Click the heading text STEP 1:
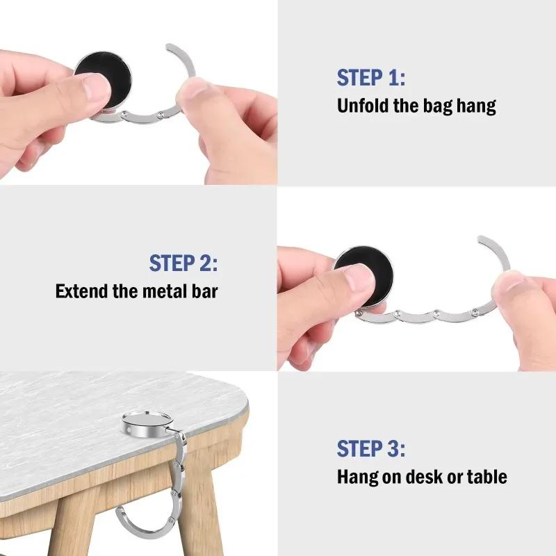click(x=370, y=78)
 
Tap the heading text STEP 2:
click(x=183, y=263)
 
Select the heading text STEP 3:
click(x=370, y=448)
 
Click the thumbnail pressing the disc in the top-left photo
click(x=93, y=88)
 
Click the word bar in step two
click(x=205, y=291)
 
